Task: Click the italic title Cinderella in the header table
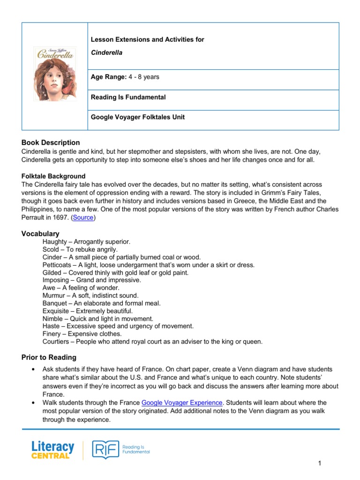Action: coord(106,52)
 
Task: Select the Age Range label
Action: coord(109,77)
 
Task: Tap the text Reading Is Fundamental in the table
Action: coord(128,97)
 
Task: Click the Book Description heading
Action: coord(51,142)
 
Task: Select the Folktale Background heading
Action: coord(53,176)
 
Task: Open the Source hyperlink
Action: coord(83,217)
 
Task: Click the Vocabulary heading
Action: coord(40,233)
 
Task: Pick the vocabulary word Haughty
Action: coord(54,242)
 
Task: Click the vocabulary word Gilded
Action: coord(52,272)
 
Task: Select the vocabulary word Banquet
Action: coord(55,303)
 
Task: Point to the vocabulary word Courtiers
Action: coord(56,342)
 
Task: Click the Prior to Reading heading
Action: coord(49,357)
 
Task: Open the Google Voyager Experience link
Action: coord(182,403)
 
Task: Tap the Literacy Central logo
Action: coord(52,450)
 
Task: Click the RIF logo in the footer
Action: coord(105,450)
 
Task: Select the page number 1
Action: coord(319,464)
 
